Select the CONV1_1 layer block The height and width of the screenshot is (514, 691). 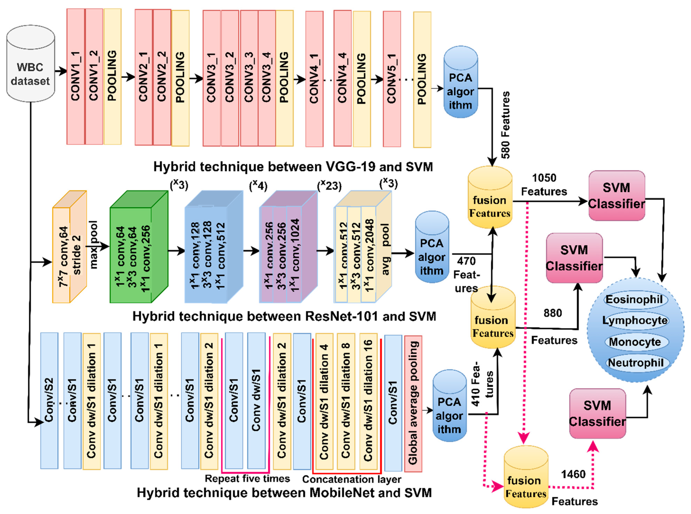(76, 77)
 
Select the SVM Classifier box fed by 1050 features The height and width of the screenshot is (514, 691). (617, 195)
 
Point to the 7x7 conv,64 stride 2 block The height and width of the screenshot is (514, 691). (69, 247)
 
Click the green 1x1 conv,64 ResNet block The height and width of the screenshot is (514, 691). (139, 247)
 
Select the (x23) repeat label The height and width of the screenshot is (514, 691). (329, 186)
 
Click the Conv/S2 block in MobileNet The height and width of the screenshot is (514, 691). (49, 401)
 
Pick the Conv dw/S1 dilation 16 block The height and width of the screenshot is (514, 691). (368, 401)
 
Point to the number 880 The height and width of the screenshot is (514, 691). (553, 313)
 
